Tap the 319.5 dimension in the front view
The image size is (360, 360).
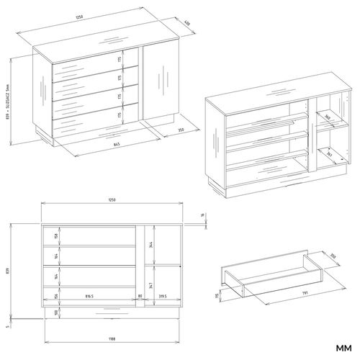pos(161,295)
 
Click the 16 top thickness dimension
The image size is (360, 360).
pos(203,215)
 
